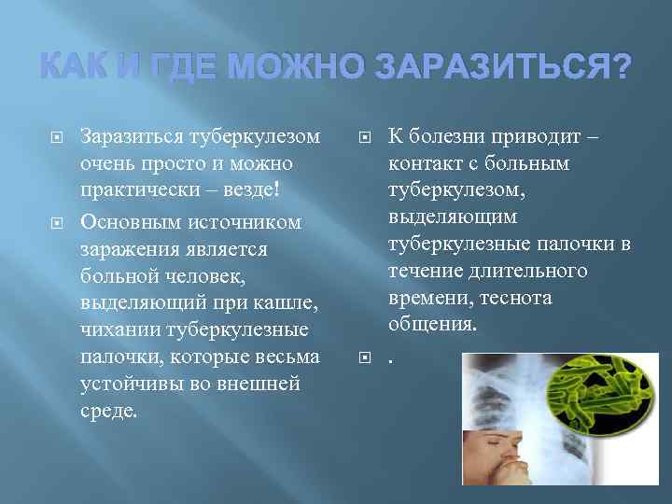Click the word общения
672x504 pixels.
coord(433,325)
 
